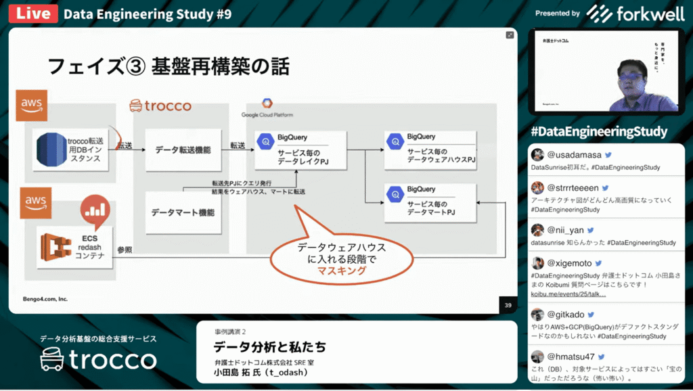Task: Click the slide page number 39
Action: [x=507, y=304]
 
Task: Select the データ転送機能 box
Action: [x=183, y=149]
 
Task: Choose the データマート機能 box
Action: [x=183, y=212]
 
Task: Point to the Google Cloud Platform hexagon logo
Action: [x=267, y=103]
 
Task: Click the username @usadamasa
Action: [x=574, y=155]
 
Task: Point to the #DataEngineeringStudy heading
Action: [x=599, y=131]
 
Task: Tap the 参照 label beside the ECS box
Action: [x=125, y=250]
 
